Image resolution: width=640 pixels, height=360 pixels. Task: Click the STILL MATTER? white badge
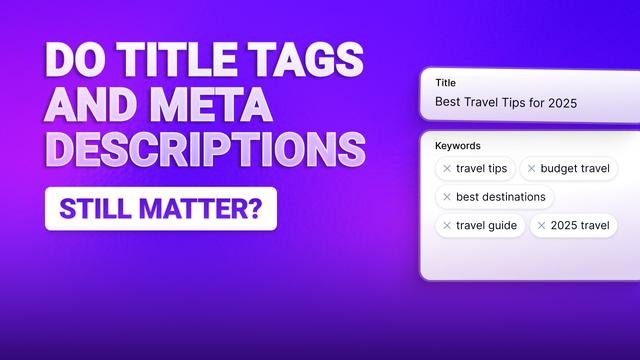pyautogui.click(x=160, y=210)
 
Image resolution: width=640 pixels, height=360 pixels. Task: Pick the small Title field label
pyautogui.click(x=445, y=83)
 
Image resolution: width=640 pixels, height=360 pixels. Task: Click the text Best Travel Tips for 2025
pyautogui.click(x=505, y=102)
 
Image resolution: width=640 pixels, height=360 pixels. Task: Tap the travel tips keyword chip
pyautogui.click(x=475, y=169)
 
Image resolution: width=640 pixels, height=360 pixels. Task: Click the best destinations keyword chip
pyautogui.click(x=494, y=197)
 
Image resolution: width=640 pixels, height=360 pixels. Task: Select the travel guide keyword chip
pyautogui.click(x=479, y=225)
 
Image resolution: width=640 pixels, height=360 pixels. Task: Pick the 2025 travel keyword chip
pyautogui.click(x=572, y=225)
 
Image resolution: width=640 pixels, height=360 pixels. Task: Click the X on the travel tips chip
pyautogui.click(x=447, y=169)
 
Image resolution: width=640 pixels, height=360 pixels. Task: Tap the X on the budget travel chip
pyautogui.click(x=531, y=169)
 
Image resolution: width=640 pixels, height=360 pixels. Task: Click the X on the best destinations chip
pyautogui.click(x=447, y=197)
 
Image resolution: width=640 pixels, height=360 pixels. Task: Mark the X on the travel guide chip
pyautogui.click(x=447, y=225)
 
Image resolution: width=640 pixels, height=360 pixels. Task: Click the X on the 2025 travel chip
pyautogui.click(x=541, y=225)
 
